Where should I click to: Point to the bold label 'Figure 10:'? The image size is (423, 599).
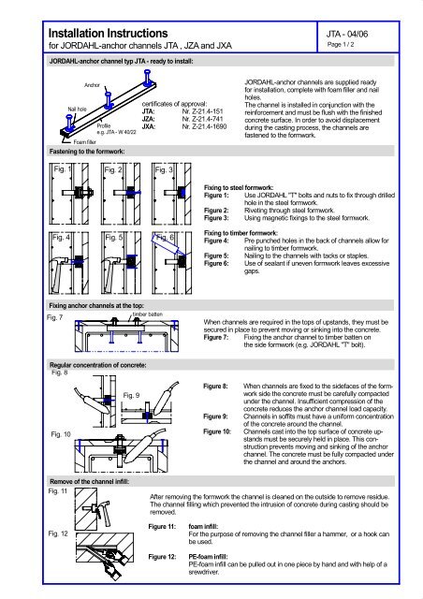click(x=222, y=431)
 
